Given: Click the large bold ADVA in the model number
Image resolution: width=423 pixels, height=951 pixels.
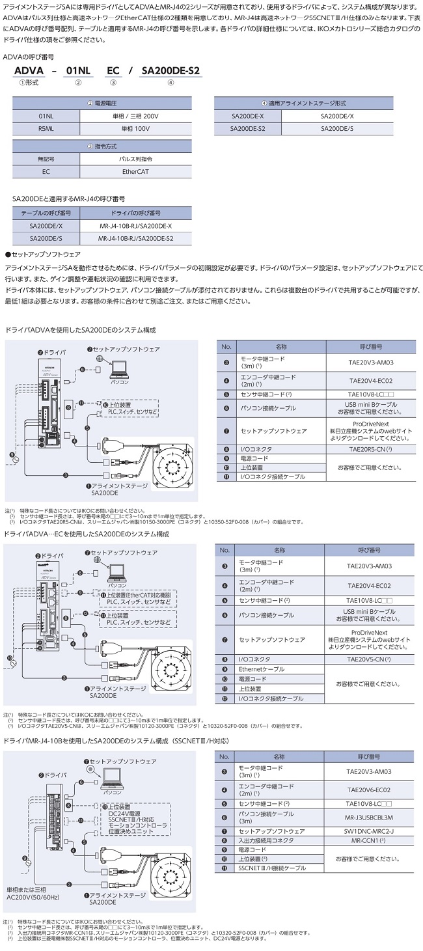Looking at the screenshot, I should (x=31, y=72).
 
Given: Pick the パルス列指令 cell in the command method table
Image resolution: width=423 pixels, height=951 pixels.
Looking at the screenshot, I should (x=136, y=159).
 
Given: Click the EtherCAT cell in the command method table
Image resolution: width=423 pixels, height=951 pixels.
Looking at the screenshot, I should (x=136, y=171).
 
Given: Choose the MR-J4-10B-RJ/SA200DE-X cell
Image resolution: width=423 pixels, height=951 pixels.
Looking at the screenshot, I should (x=136, y=225).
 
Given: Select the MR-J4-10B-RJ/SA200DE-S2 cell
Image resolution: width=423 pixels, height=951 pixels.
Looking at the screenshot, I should (x=136, y=238).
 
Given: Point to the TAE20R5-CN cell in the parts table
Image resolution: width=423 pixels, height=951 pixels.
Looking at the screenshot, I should (x=370, y=449).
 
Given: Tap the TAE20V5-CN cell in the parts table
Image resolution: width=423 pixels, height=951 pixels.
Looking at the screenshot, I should (x=370, y=659).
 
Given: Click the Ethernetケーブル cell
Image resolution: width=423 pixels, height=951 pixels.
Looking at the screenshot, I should (x=280, y=669).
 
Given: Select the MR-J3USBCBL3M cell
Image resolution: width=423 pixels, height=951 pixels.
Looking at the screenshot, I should (x=370, y=817).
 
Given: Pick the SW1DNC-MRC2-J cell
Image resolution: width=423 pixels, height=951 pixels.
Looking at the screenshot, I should (x=370, y=831).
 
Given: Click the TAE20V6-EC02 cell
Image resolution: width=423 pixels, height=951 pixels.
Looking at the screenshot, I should (x=370, y=790).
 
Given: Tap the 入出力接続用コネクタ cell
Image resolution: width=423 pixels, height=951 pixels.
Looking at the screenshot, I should (x=280, y=840).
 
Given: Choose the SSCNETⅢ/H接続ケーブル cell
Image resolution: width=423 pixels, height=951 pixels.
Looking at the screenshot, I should (x=280, y=868).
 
